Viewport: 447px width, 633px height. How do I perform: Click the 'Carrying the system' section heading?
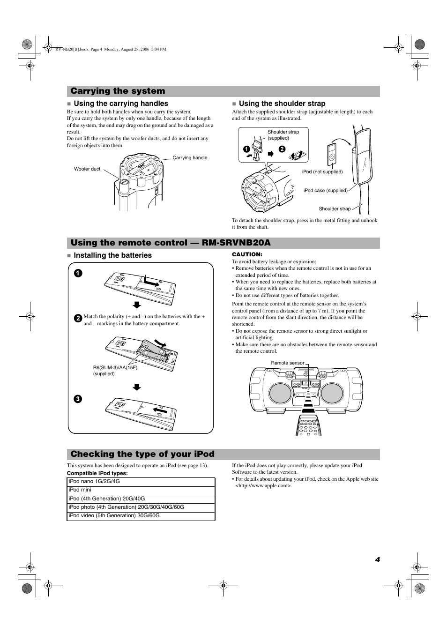pos(118,91)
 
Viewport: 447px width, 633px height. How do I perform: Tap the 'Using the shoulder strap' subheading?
pos(282,104)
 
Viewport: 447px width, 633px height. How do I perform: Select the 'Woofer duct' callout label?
pos(87,169)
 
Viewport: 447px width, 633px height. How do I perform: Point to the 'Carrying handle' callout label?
pos(190,158)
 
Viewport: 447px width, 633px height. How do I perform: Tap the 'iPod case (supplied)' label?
pos(325,191)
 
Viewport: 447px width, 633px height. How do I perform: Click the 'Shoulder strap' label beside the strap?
pos(335,209)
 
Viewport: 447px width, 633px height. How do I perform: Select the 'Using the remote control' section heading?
pos(171,243)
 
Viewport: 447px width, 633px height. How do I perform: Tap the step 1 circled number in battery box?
pos(78,273)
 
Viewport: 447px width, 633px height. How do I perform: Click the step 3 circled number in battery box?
pos(78,399)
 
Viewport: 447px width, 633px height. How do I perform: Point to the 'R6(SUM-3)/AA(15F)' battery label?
pos(115,367)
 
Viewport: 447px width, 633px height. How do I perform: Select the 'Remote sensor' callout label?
pos(287,363)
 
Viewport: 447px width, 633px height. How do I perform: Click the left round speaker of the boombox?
pos(281,393)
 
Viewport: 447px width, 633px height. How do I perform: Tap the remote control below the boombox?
pos(307,424)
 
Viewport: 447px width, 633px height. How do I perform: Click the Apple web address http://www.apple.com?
pos(264,486)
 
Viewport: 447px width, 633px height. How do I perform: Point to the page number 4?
pos(377,560)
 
